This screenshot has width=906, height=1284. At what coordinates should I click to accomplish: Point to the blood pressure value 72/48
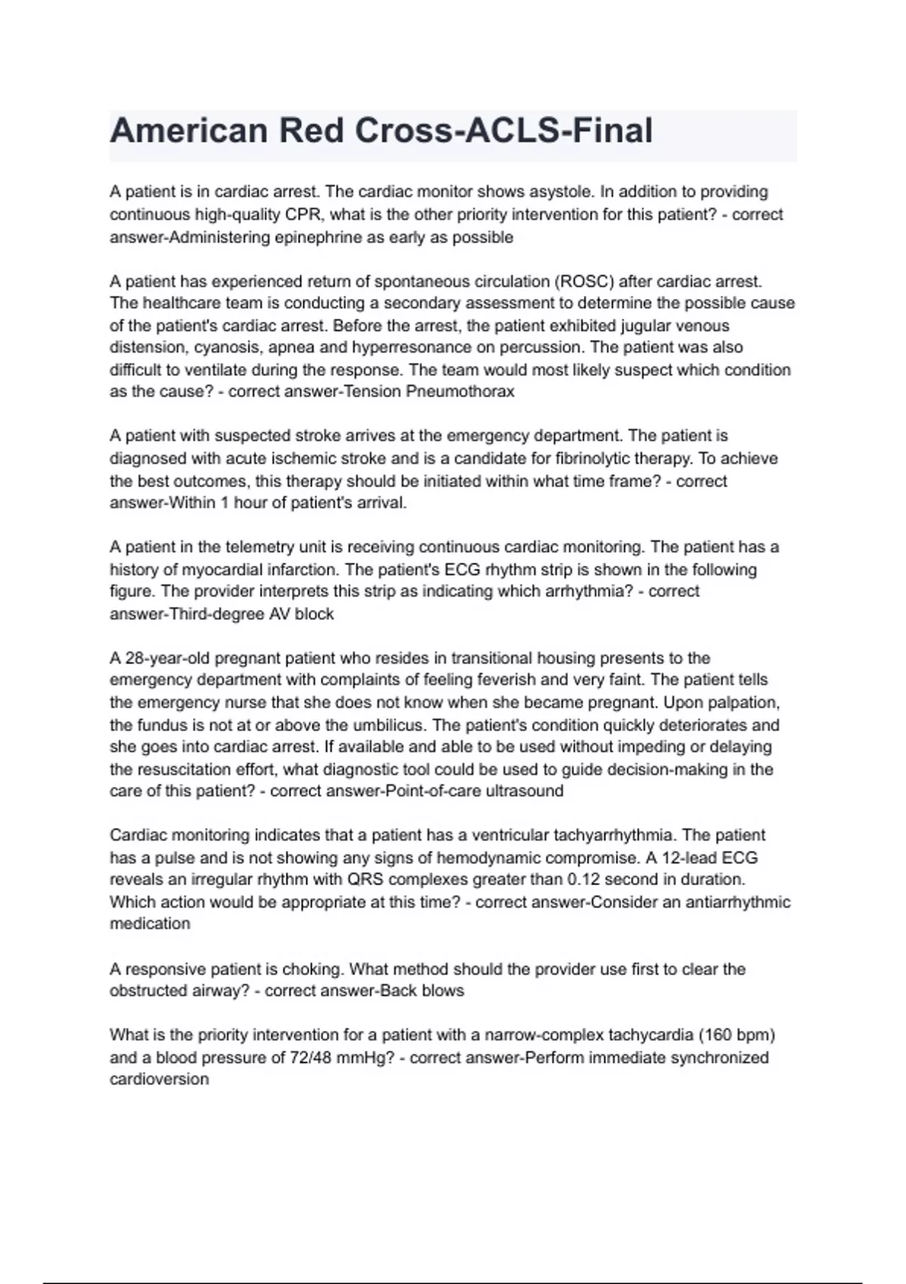(310, 1057)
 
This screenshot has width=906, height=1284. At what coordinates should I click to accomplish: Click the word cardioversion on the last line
(159, 1079)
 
